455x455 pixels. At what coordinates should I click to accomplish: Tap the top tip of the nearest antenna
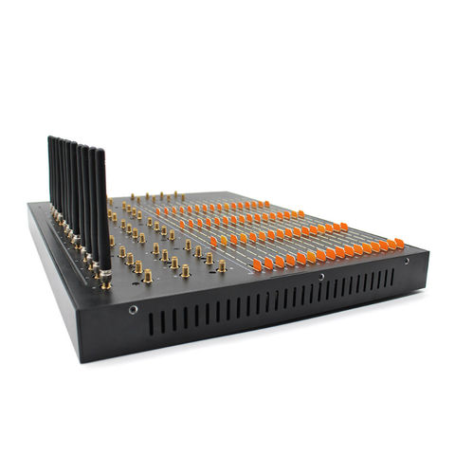(100, 150)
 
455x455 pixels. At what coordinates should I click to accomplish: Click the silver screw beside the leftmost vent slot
(133, 309)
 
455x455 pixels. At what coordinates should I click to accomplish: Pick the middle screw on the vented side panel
(321, 278)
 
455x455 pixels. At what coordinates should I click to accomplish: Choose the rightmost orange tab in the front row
(399, 244)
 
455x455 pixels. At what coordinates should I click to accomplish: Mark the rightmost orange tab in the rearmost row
(267, 203)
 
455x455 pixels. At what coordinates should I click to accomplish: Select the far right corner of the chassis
(428, 252)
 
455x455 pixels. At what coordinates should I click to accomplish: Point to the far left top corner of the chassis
(29, 204)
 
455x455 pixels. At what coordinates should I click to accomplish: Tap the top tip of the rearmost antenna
(50, 138)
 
